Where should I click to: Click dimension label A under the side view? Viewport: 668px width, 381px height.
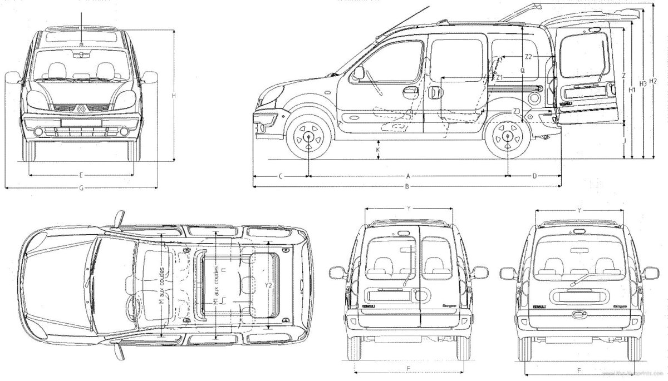coord(408,176)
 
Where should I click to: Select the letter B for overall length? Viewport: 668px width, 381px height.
coord(407,187)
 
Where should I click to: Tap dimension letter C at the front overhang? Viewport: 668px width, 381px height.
coord(280,176)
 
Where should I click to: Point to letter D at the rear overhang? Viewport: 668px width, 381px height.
coord(534,176)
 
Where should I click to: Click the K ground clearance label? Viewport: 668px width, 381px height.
coord(378,150)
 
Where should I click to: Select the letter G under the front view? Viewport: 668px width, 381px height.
coord(81,188)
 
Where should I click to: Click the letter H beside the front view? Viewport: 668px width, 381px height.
coord(174,96)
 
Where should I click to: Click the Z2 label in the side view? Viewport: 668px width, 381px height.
coord(529,57)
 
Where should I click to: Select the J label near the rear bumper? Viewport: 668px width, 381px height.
coord(625,142)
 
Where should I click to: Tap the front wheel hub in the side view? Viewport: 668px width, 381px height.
coord(308,135)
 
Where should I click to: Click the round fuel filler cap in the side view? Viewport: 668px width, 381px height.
coord(535,98)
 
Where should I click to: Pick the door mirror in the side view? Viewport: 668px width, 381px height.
coord(359,73)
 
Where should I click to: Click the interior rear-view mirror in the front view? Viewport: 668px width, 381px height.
coord(82,54)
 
